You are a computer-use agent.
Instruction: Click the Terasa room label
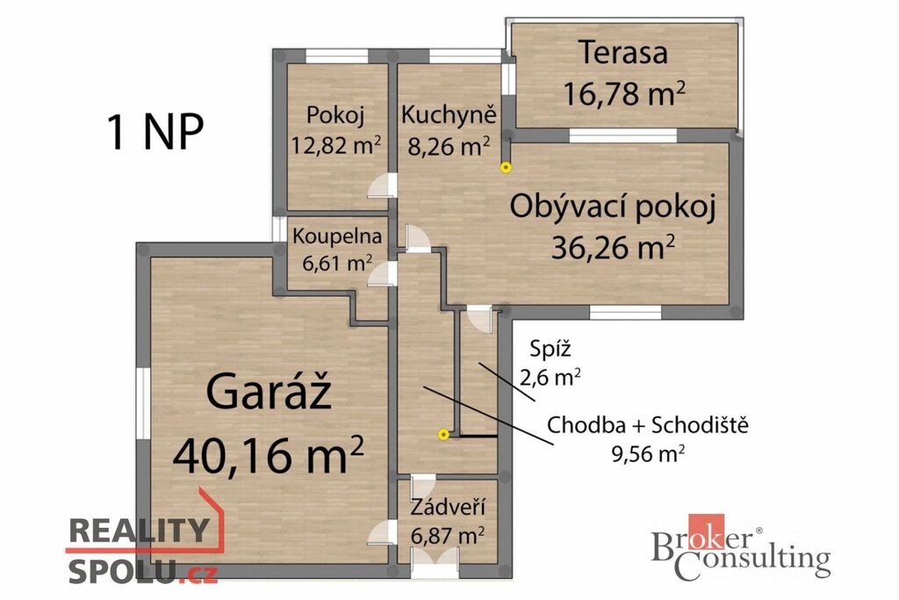623,52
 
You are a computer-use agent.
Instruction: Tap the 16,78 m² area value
624,93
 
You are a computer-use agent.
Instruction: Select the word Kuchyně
449,115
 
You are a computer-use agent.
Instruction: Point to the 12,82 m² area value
335,145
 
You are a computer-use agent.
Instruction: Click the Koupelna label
336,235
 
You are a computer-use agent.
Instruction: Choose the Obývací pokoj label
613,207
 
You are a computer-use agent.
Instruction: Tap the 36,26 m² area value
613,248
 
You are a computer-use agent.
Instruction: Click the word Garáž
269,392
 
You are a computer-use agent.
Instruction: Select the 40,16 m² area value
269,454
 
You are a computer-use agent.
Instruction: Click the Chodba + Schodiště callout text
648,425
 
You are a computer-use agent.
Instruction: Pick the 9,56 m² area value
648,453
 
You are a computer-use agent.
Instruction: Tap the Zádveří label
448,508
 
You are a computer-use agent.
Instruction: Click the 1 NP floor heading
155,132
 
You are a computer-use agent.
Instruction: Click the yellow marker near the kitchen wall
505,168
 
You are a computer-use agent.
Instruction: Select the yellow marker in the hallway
442,434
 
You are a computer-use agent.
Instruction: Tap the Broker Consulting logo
741,548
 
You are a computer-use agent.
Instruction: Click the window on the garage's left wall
142,404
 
